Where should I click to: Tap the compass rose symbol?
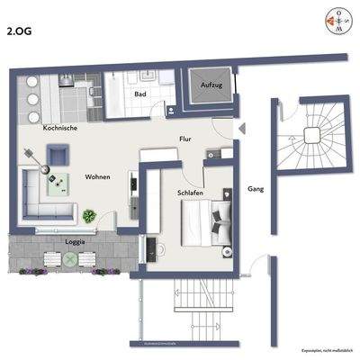(x=333, y=20)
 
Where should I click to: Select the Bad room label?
(x=140, y=94)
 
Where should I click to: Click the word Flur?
(x=185, y=140)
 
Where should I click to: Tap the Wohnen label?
(x=98, y=177)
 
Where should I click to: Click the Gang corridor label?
(x=256, y=190)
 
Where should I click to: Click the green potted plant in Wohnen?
(x=90, y=216)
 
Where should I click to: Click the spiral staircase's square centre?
(x=312, y=135)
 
